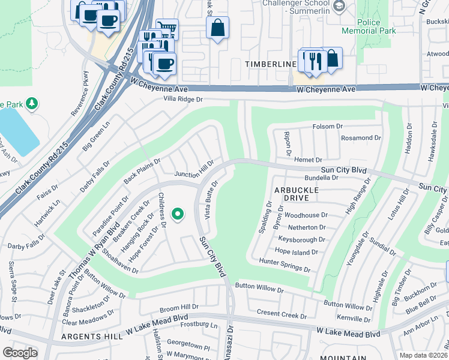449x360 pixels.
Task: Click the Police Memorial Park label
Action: tap(377, 26)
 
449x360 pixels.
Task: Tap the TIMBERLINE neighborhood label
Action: tap(270, 64)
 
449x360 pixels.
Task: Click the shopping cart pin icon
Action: tap(167, 29)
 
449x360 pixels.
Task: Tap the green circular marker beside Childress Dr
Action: tap(177, 214)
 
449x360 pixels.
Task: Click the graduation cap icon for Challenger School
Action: tap(339, 7)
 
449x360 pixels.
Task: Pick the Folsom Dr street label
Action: tap(327, 127)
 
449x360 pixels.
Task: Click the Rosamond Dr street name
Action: tap(361, 137)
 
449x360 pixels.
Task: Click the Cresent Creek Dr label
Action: tap(282, 313)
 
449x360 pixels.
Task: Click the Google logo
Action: tap(20, 353)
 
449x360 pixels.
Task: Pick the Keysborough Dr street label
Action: tap(302, 239)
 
